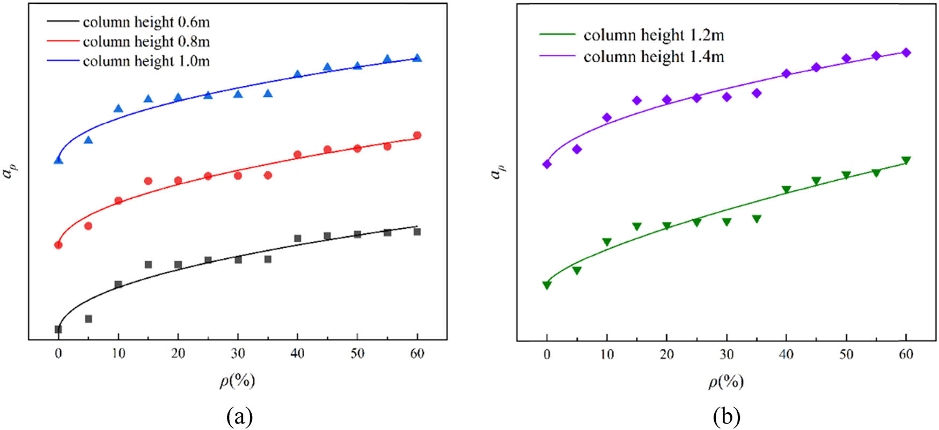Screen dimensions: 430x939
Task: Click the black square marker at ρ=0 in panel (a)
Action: click(x=58, y=329)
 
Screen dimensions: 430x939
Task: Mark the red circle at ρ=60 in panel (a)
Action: click(x=417, y=135)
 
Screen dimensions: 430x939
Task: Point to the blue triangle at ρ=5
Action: click(x=89, y=140)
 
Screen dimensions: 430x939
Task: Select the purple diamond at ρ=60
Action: click(x=906, y=53)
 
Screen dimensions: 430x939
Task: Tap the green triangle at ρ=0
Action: click(x=547, y=285)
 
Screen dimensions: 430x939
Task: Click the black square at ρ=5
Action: click(x=89, y=319)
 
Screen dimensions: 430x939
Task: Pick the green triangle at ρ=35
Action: click(x=757, y=219)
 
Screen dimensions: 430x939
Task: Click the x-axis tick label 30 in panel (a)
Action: click(x=238, y=353)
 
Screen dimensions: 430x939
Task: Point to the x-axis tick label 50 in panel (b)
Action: click(x=846, y=354)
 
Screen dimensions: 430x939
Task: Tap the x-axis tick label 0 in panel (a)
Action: click(x=58, y=353)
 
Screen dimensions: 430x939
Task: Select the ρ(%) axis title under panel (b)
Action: click(x=726, y=381)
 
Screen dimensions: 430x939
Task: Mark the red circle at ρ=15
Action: click(x=148, y=181)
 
